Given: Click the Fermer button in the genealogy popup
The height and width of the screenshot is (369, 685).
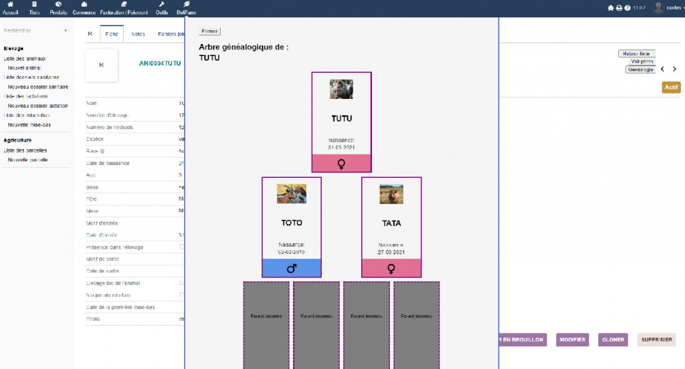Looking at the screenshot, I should click(x=209, y=31).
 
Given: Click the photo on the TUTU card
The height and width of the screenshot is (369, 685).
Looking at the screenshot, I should click(x=341, y=90).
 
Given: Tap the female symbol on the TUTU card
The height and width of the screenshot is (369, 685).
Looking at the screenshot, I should click(x=341, y=163).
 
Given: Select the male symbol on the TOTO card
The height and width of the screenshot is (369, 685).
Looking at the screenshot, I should click(x=292, y=268).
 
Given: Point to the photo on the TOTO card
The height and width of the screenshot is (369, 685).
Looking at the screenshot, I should click(x=292, y=194).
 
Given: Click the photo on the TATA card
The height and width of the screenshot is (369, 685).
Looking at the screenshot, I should click(x=391, y=194).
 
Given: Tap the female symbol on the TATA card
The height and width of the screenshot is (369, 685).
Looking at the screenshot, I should click(x=391, y=268).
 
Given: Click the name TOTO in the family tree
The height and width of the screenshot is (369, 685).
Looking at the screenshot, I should click(x=292, y=223).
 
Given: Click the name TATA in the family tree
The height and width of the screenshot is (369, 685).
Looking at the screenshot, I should click(x=391, y=223).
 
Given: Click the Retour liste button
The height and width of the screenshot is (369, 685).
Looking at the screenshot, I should click(x=636, y=53).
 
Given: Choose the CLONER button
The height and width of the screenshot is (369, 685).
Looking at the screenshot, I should click(x=613, y=340).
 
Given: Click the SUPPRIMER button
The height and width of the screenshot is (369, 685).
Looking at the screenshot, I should click(x=656, y=340).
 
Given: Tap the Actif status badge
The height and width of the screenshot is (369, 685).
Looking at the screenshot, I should click(x=671, y=88).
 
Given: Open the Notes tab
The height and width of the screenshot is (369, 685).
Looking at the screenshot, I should click(x=138, y=34).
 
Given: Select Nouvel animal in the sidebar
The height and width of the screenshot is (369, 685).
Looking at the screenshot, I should click(x=25, y=68).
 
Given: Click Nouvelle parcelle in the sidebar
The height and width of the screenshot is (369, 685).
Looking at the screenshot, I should click(x=28, y=160).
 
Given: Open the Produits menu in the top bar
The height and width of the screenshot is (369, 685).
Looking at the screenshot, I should click(x=59, y=8).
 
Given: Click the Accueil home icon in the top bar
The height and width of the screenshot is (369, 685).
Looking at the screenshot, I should click(x=11, y=8).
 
